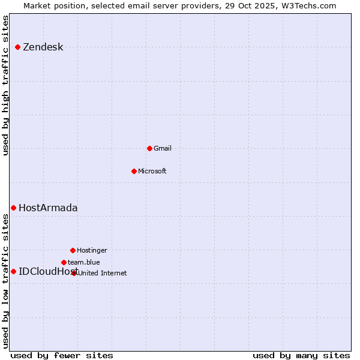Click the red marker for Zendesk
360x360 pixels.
click(x=18, y=47)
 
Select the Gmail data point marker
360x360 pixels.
click(x=149, y=148)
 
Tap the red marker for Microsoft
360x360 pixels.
click(x=134, y=171)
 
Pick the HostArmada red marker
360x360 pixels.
click(x=13, y=208)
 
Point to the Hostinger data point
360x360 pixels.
click(x=73, y=250)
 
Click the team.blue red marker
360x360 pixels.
click(x=64, y=262)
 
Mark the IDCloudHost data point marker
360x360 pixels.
click(x=13, y=271)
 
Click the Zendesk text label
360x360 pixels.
click(x=43, y=47)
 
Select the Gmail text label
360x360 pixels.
click(x=163, y=148)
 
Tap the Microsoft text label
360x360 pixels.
click(x=152, y=171)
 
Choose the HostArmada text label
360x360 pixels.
click(x=48, y=208)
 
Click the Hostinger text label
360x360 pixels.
click(x=92, y=250)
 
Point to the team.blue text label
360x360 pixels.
click(x=84, y=262)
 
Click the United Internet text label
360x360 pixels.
click(x=103, y=273)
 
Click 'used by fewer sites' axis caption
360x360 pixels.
click(x=62, y=355)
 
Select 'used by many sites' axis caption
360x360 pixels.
click(x=301, y=355)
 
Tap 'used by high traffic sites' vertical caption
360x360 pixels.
click(x=6, y=85)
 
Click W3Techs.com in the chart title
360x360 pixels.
click(x=309, y=5)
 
